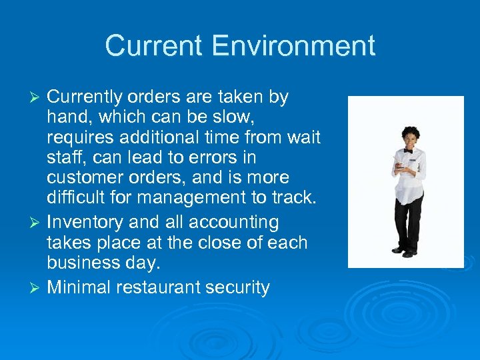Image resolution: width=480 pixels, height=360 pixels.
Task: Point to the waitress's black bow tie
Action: coord(407,151)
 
